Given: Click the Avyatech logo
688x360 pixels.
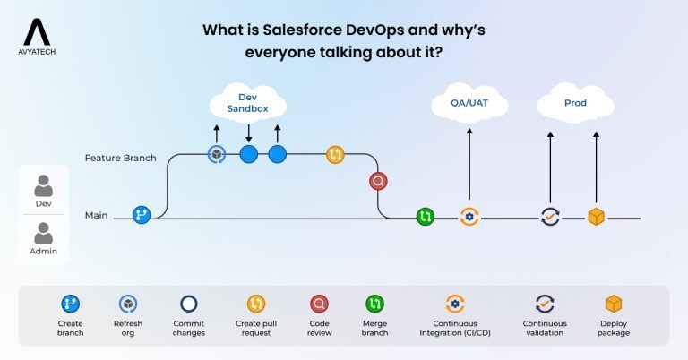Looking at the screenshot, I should tap(37, 39).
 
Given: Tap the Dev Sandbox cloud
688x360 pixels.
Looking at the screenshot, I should tap(248, 104).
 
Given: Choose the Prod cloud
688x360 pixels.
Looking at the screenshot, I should tap(575, 104).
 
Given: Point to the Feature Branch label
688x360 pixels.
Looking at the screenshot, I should tap(120, 158).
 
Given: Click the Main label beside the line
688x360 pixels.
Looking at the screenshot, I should tap(97, 216).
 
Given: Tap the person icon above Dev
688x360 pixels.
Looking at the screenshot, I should tap(43, 185).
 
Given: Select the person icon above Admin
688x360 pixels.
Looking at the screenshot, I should tap(43, 235).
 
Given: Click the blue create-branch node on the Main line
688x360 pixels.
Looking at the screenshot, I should tap(141, 215).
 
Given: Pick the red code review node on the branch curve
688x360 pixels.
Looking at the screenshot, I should tap(378, 182).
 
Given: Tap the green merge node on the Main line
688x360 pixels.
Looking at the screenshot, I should tap(425, 216).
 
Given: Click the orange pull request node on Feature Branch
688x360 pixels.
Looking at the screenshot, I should tap(335, 154).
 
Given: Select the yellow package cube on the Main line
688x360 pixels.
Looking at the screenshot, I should tap(596, 216).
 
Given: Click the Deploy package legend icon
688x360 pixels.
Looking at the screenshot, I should tap(614, 304).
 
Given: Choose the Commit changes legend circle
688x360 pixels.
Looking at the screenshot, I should tap(189, 304).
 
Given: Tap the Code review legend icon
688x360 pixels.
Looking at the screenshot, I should tap(318, 304).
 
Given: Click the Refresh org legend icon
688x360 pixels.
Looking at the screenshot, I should tap(127, 304).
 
